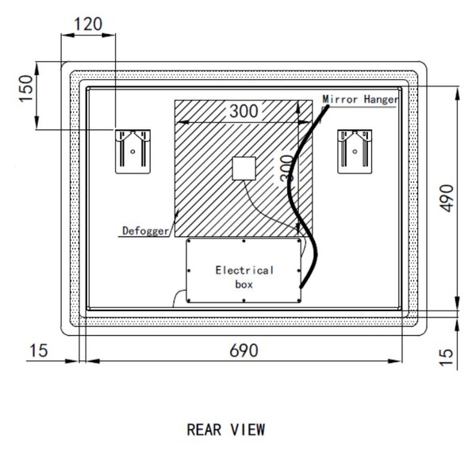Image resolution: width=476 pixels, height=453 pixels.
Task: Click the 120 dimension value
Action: [88, 24]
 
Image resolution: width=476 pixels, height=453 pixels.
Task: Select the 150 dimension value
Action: [26, 89]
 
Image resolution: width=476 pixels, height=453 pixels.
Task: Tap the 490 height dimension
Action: [447, 198]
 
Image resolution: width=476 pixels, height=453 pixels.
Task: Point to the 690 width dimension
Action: [244, 351]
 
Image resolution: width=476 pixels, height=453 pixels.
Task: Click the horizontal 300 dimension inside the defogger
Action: [244, 111]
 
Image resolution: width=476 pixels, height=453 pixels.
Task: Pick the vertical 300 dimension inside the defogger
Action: [286, 169]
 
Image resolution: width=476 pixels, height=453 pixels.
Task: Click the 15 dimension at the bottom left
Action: [39, 351]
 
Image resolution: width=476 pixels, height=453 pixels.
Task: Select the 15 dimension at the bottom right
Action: [446, 357]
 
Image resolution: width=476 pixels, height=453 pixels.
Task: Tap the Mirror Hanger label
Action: [360, 99]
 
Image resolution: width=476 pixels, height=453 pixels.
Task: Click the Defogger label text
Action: [145, 231]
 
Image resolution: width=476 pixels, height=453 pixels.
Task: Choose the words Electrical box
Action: [244, 277]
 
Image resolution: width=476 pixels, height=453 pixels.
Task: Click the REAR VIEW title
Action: [226, 430]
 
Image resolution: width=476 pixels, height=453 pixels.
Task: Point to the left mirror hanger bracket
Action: [132, 151]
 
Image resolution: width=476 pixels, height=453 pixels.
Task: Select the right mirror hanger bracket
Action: [355, 151]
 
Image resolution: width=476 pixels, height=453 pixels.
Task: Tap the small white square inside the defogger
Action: [244, 169]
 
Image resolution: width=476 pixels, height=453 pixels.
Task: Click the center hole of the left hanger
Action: [132, 151]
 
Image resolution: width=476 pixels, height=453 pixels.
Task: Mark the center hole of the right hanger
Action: [355, 151]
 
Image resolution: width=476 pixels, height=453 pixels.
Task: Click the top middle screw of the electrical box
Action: [244, 242]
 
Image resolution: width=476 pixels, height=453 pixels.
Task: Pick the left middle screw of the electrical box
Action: [189, 271]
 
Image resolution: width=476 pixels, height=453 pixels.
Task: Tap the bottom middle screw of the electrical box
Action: [244, 301]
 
